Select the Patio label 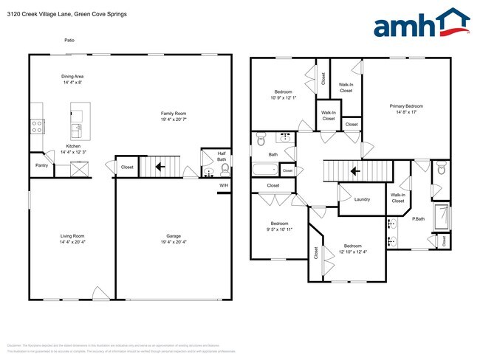69,41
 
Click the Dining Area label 72,76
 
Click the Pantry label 41,165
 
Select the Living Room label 72,236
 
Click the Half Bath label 222,156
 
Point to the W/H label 223,184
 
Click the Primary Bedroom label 406,106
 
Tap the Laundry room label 362,199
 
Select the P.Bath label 418,219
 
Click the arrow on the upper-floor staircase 355,172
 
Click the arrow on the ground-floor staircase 157,168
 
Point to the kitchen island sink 75,131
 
